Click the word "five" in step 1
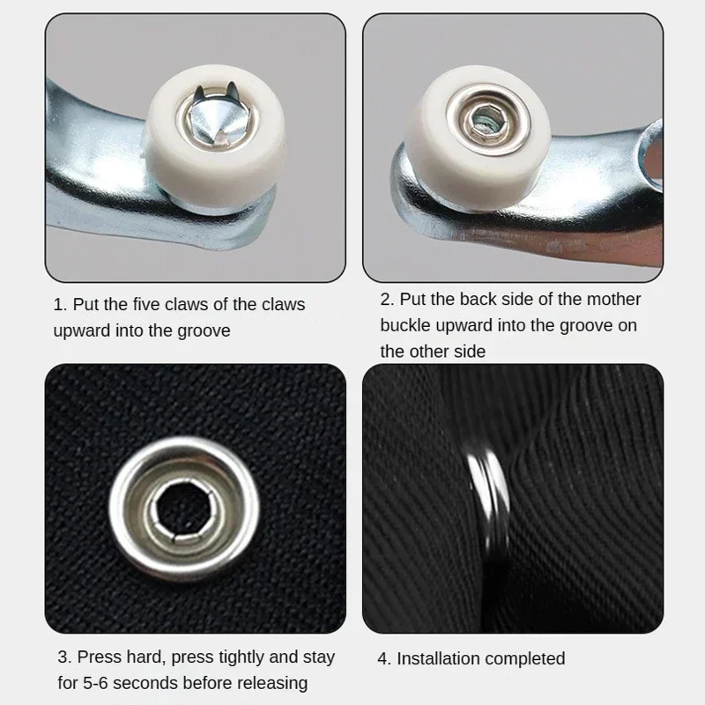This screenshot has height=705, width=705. click(145, 304)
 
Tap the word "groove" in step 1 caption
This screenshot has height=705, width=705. click(204, 331)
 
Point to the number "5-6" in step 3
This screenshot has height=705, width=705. click(95, 683)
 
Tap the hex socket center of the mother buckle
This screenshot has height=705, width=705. click(487, 120)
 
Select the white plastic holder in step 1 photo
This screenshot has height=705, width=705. click(216, 135)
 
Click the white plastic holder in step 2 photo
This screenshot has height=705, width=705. click(477, 137)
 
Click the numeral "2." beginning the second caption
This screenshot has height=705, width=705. click(387, 300)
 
